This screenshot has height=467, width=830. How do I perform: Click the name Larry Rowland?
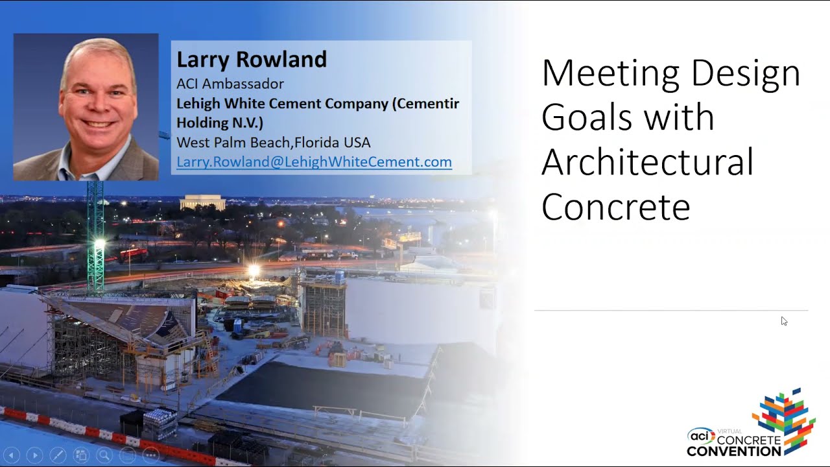tap(252, 59)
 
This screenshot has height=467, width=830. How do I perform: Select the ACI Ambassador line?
tap(230, 84)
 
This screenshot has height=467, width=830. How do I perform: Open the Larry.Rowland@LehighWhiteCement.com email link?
tap(314, 162)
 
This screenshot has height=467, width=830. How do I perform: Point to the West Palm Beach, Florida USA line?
tap(274, 142)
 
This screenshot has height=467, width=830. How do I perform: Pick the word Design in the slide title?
tap(746, 74)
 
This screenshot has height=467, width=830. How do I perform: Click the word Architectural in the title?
tap(647, 162)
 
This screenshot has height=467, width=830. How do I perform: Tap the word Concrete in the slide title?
tap(616, 207)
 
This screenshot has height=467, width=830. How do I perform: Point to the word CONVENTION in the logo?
tap(734, 451)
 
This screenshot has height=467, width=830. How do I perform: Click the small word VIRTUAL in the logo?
tap(729, 431)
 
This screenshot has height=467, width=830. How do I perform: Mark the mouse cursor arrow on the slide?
tap(784, 321)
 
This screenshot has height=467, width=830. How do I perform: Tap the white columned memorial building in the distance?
tap(202, 202)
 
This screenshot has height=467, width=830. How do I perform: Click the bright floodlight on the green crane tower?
tap(99, 244)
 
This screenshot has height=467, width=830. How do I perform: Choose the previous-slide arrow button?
tap(12, 455)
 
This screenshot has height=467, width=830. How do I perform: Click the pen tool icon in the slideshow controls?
tap(58, 455)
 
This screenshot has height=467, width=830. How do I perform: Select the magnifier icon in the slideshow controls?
tap(104, 455)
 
